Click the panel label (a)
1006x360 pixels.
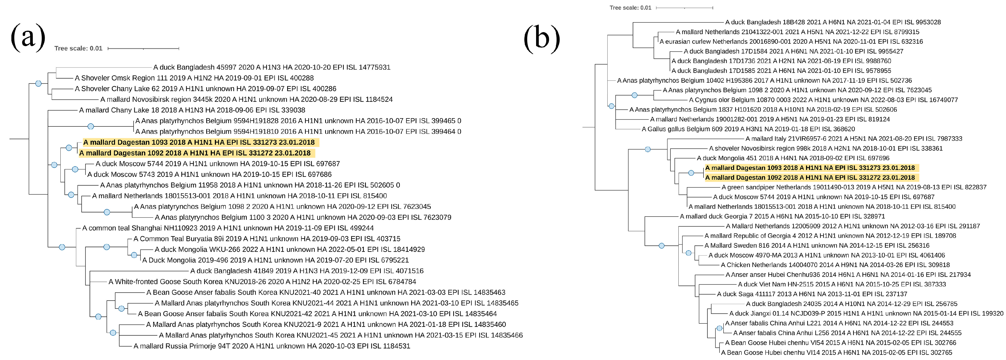tap(28, 38)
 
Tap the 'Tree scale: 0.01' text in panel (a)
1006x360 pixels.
tap(78, 48)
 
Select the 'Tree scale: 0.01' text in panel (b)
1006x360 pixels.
tap(630, 8)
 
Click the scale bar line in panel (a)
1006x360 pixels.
tap(143, 48)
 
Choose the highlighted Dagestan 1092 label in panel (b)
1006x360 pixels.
tap(810, 177)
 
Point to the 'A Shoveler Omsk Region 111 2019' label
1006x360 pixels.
tap(194, 78)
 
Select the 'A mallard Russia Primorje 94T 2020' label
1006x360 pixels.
tap(271, 346)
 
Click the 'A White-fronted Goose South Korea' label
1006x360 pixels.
tap(262, 281)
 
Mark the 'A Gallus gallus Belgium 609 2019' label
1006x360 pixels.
tap(748, 129)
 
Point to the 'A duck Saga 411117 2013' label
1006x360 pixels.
tap(812, 294)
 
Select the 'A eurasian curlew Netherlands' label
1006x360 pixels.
tap(791, 41)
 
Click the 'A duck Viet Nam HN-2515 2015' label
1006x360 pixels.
tap(841, 284)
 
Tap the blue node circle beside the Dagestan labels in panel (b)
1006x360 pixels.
tap(691, 173)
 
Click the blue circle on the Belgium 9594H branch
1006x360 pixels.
tap(91, 126)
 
